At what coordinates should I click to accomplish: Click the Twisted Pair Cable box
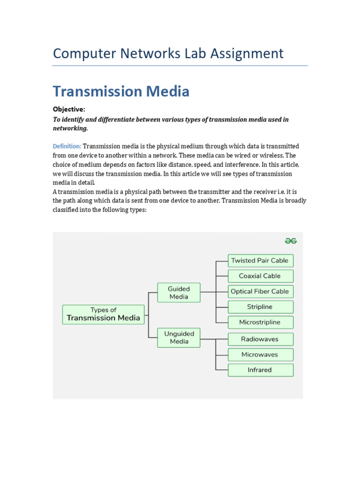(x=260, y=261)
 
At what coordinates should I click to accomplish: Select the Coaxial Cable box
(x=260, y=276)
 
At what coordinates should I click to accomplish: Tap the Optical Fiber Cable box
(x=260, y=292)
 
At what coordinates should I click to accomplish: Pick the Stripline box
(x=260, y=307)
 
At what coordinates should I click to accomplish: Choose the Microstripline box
(x=260, y=322)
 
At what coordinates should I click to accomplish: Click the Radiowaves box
(x=260, y=339)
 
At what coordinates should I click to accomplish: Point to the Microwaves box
(x=260, y=354)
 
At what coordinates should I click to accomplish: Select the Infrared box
(x=260, y=370)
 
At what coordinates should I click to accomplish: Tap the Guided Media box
(x=179, y=292)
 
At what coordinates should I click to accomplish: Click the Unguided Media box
(x=179, y=337)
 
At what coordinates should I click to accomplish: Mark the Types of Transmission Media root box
(x=103, y=314)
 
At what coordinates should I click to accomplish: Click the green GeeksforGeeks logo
(x=291, y=241)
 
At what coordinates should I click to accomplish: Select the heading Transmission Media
(x=121, y=91)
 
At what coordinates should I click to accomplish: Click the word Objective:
(x=69, y=109)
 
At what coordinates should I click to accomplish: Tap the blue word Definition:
(x=67, y=146)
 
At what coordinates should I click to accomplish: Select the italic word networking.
(x=70, y=128)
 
